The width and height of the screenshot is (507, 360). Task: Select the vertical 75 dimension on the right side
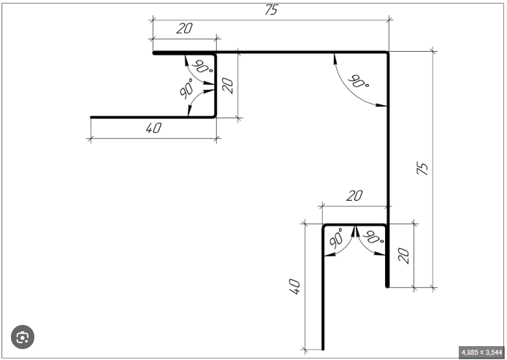[x=422, y=168]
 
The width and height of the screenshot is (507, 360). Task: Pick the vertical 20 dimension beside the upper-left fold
[x=227, y=85]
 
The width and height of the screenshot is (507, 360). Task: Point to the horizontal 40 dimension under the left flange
[x=153, y=129]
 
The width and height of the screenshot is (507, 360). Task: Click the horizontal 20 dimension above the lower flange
[x=354, y=196]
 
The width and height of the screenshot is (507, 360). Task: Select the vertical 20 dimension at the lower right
[x=403, y=255]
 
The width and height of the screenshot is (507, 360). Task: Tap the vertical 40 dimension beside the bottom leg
[x=295, y=286]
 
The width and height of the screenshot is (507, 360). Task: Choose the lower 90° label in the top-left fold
[x=186, y=89]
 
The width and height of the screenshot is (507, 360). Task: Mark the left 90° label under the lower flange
[x=337, y=239]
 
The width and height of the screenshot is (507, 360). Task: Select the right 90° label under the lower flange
[x=373, y=238]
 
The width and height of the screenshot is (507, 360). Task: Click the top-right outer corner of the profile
[x=387, y=53]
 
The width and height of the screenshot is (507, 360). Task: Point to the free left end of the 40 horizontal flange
[x=91, y=117]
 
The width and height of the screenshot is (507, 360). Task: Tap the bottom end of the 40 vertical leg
[x=322, y=349]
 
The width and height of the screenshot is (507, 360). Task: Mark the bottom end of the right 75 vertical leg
[x=387, y=286]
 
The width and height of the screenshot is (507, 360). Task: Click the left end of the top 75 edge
[x=153, y=53]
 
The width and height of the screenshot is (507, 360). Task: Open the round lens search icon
[x=23, y=337]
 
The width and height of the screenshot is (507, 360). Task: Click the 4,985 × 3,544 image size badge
[x=481, y=352]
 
